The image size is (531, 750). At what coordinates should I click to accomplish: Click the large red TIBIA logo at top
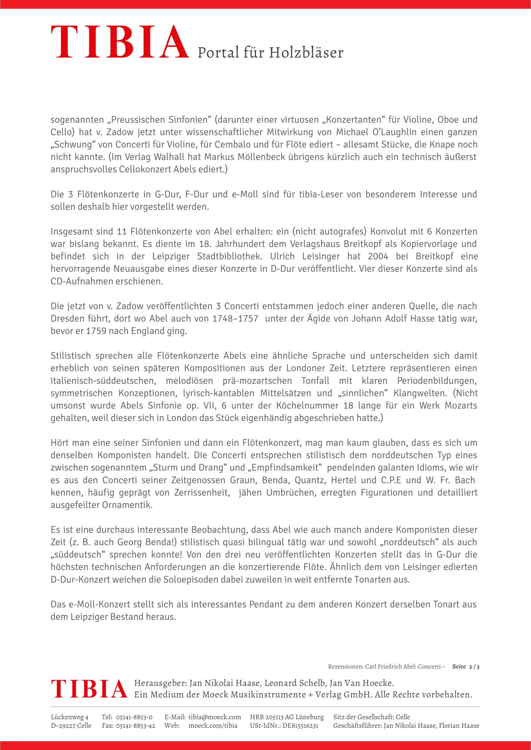[x=120, y=43]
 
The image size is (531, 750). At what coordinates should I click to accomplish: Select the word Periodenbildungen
[x=437, y=381]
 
